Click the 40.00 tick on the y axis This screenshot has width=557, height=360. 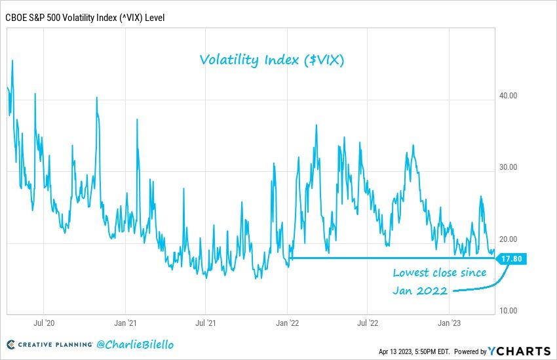[509, 96]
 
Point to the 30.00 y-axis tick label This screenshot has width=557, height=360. [509, 167]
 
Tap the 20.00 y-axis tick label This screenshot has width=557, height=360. [509, 239]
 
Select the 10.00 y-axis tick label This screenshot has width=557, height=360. [509, 311]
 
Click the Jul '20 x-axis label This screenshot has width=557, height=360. [43, 323]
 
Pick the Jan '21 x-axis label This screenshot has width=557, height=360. [125, 323]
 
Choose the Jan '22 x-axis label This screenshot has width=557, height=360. [288, 323]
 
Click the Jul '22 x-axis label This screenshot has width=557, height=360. [368, 323]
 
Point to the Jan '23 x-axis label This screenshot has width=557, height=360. [449, 323]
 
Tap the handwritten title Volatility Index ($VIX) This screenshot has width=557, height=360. [272, 60]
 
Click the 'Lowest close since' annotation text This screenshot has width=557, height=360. [440, 273]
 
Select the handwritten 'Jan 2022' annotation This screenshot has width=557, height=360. [420, 290]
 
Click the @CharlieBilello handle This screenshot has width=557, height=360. [135, 344]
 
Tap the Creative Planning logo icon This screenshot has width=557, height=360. [11, 345]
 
